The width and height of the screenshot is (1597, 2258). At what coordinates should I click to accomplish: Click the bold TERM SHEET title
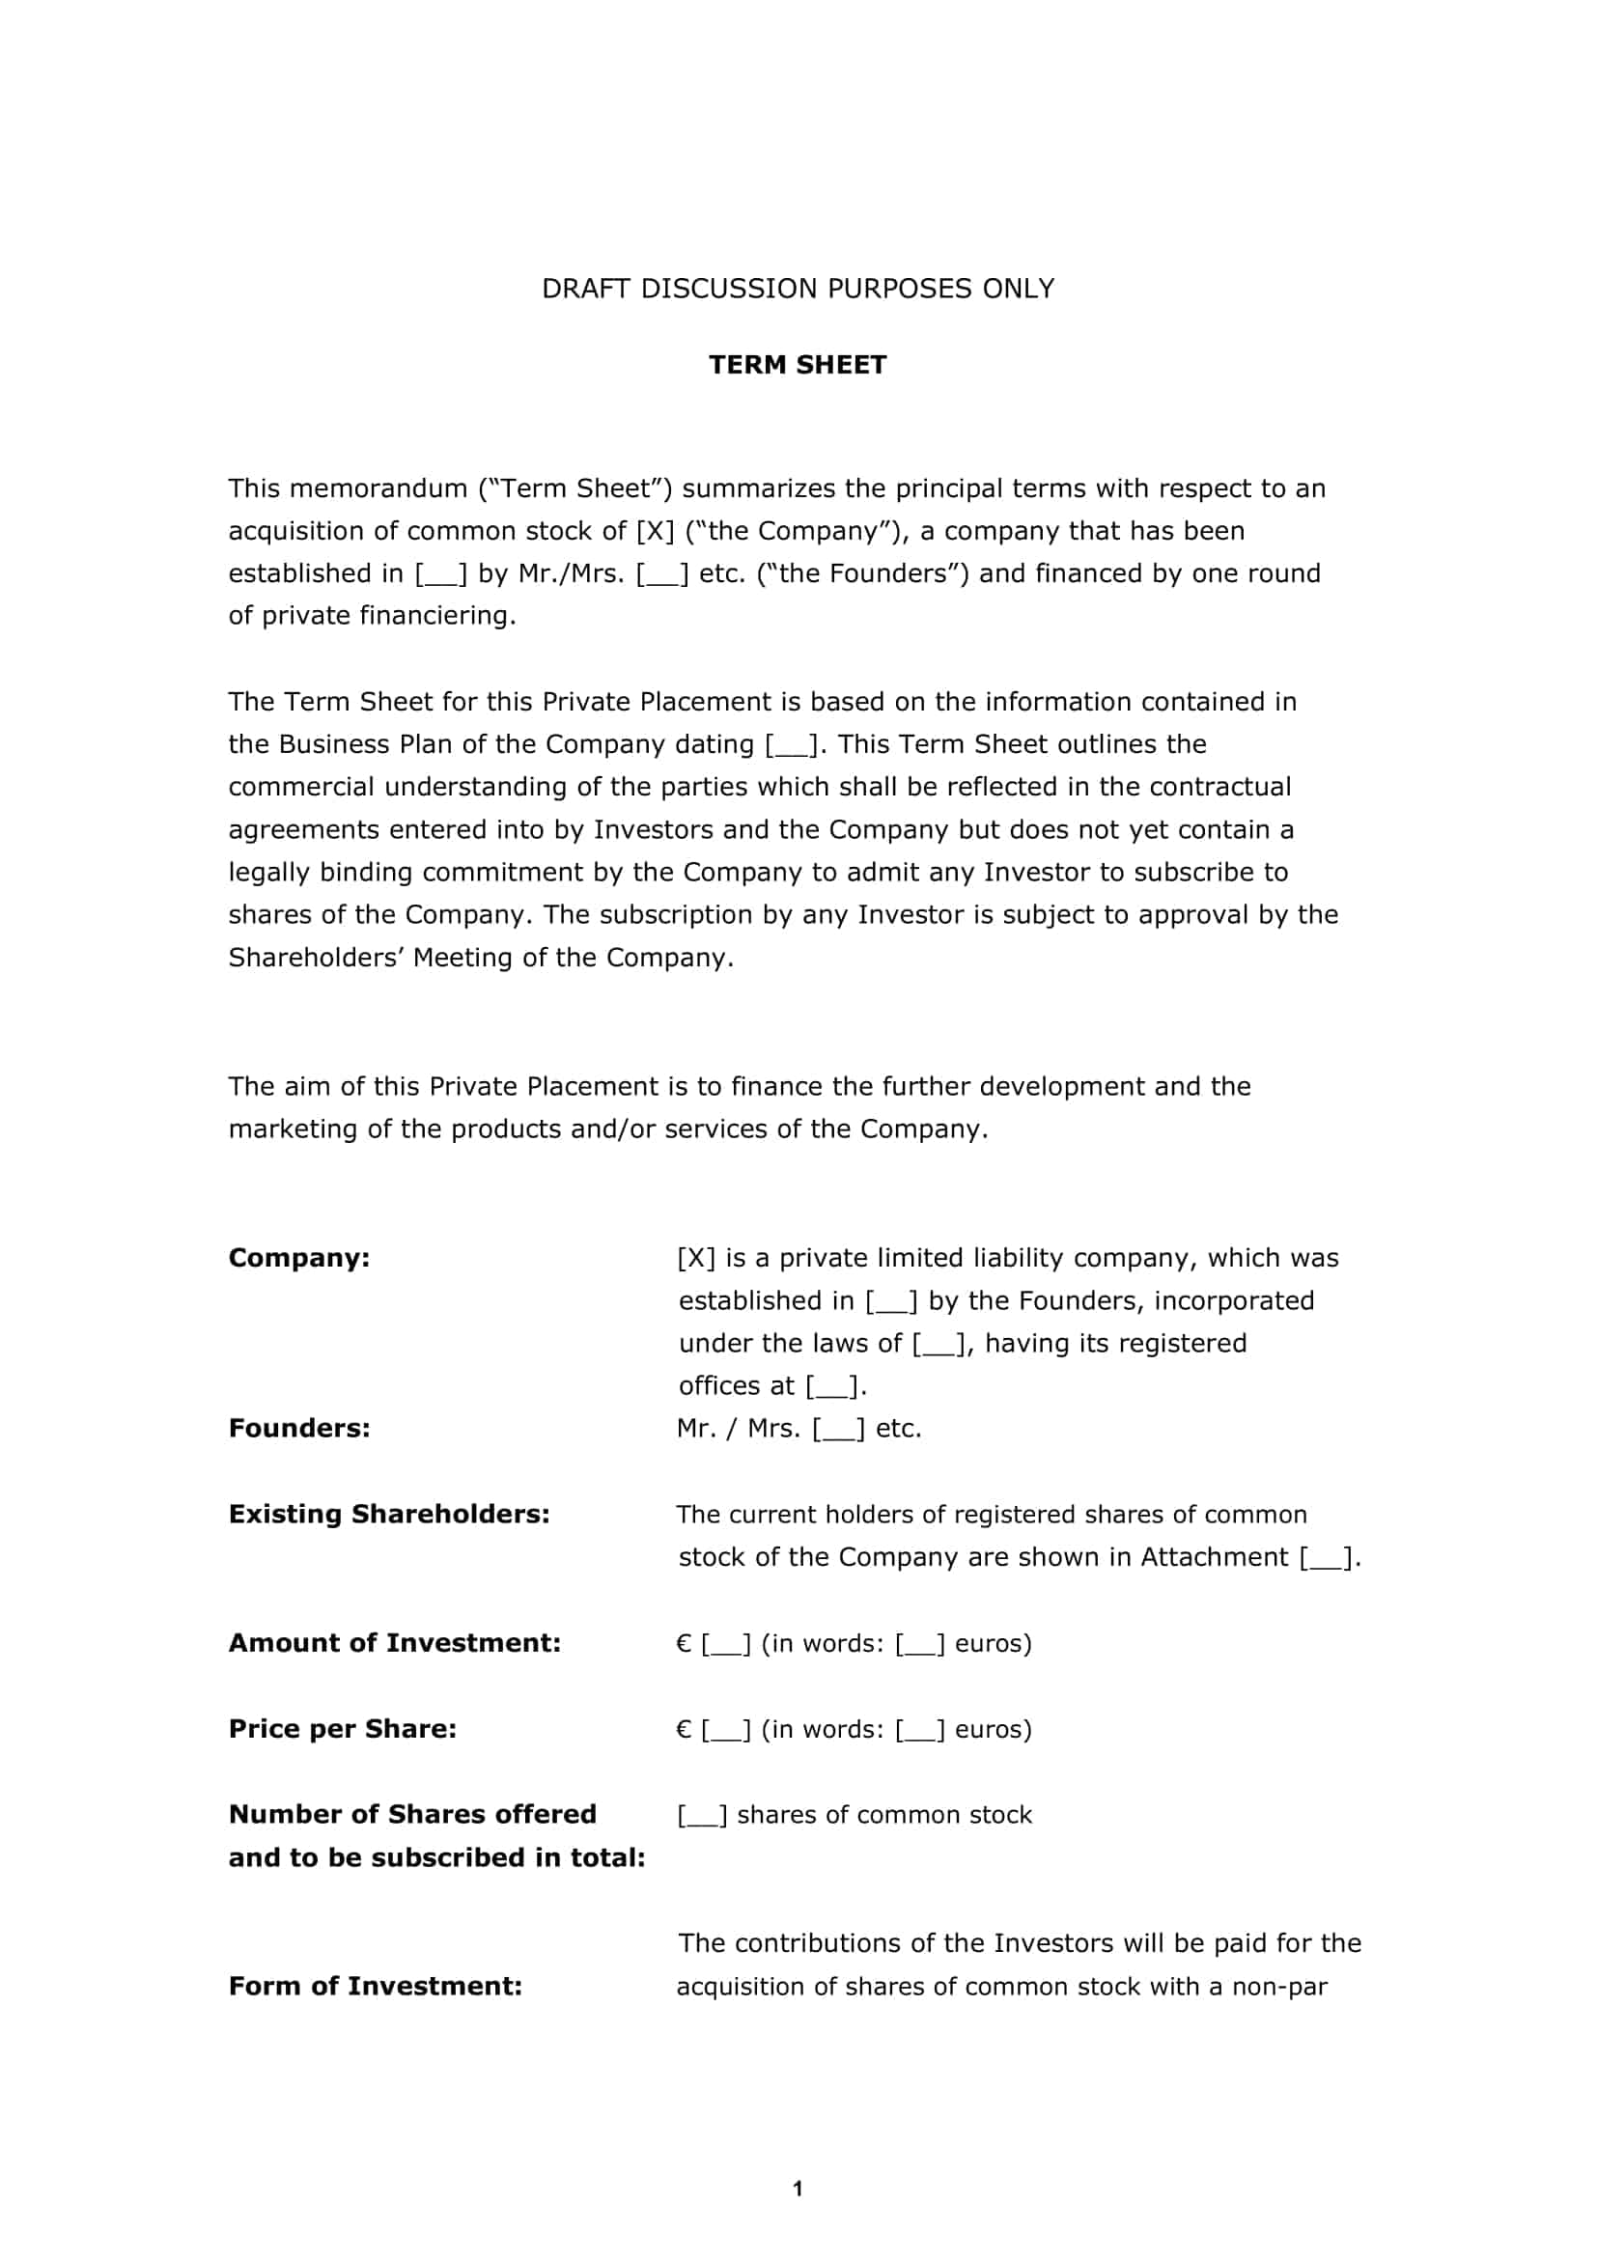click(x=798, y=365)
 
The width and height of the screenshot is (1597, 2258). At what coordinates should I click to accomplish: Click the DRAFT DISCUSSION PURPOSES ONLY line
click(x=798, y=288)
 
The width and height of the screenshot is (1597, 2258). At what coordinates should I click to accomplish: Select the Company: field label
click(x=299, y=1258)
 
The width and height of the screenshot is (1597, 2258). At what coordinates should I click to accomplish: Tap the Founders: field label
click(x=299, y=1428)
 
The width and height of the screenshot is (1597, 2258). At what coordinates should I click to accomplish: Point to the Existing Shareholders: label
click(x=388, y=1514)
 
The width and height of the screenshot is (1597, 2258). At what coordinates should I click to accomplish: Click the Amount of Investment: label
click(x=394, y=1642)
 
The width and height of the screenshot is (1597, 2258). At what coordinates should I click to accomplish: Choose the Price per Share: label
click(x=342, y=1729)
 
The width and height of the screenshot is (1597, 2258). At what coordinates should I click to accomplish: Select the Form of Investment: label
click(x=375, y=1986)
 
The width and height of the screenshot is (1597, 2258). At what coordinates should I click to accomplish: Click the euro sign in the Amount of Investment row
click(x=685, y=1643)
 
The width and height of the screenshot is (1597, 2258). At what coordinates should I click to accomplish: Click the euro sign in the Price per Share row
click(x=685, y=1730)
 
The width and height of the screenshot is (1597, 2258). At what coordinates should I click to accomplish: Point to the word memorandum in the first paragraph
click(x=378, y=488)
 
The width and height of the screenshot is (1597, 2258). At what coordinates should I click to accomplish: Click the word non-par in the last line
click(x=1279, y=1987)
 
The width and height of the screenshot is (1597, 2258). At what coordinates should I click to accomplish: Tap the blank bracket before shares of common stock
click(x=702, y=1816)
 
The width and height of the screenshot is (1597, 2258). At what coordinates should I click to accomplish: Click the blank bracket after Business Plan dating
click(x=791, y=744)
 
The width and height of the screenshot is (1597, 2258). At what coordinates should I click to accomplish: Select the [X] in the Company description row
click(x=696, y=1258)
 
